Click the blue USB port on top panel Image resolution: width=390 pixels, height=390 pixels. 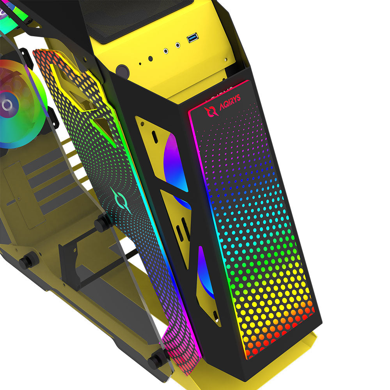tap(193, 37)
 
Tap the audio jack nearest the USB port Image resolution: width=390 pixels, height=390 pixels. tap(177, 45)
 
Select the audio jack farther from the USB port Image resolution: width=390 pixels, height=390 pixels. tap(166, 51)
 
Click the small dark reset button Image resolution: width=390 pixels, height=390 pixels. tap(151, 59)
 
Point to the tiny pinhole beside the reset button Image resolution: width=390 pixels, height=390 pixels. tap(140, 64)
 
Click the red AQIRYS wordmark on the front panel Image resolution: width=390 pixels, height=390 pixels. tap(230, 102)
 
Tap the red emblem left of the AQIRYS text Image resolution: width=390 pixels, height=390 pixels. tap(211, 112)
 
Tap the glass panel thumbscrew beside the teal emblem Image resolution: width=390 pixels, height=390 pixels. tap(102, 223)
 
